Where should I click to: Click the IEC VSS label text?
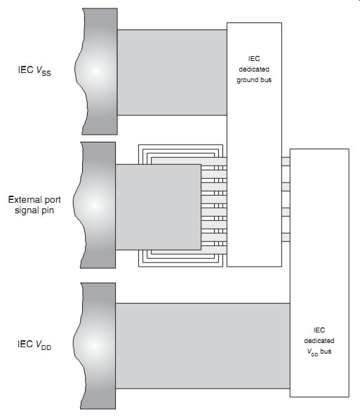pos(34,71)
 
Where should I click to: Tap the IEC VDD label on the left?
pos(34,345)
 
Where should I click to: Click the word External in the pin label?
pos(23,199)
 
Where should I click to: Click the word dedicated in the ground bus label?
pos(254,69)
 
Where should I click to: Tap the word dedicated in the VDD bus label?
pos(319,341)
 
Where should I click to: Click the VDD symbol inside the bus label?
pos(312,352)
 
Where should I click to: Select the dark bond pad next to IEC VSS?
pos(97,72)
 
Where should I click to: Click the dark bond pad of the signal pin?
pos(95,205)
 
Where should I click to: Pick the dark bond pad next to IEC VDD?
pos(95,346)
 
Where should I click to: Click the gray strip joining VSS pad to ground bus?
pos(172,72)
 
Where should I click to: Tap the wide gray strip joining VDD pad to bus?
pos(203,346)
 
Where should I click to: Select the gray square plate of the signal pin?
pos(158,207)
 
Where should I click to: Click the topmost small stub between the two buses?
pos(286,161)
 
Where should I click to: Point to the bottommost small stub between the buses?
pos(286,237)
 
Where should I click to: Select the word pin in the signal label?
pos(48,210)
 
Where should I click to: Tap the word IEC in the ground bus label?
pos(254,59)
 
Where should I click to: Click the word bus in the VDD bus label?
pos(326,351)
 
